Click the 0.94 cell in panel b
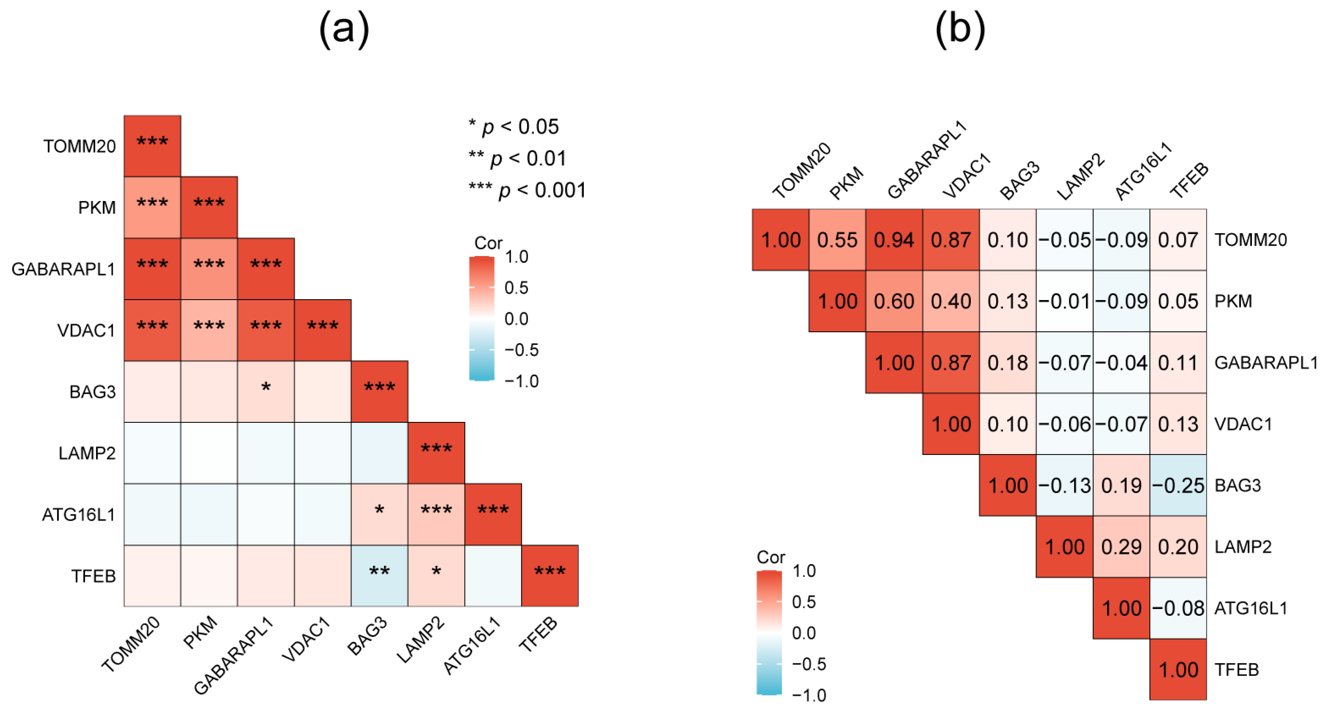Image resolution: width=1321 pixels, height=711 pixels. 894,240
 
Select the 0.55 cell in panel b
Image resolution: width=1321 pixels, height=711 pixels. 837,240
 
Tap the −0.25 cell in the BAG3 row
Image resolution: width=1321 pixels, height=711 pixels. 1178,485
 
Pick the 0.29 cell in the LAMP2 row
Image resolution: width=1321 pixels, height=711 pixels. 1121,546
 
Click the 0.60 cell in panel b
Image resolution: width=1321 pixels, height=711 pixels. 894,301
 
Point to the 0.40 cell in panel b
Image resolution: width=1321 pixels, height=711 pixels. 951,301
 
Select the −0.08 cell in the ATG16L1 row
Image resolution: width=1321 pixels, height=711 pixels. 1178,608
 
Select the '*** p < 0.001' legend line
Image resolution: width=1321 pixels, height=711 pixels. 527,190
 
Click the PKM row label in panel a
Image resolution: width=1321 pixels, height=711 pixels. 97,208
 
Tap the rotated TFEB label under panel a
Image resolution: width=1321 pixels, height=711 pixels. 538,634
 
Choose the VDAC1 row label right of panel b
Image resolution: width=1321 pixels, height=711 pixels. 1243,424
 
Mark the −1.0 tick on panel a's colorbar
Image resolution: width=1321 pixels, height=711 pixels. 521,381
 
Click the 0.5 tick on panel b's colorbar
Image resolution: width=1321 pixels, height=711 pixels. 804,602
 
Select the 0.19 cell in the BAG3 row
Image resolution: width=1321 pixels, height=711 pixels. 1121,485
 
